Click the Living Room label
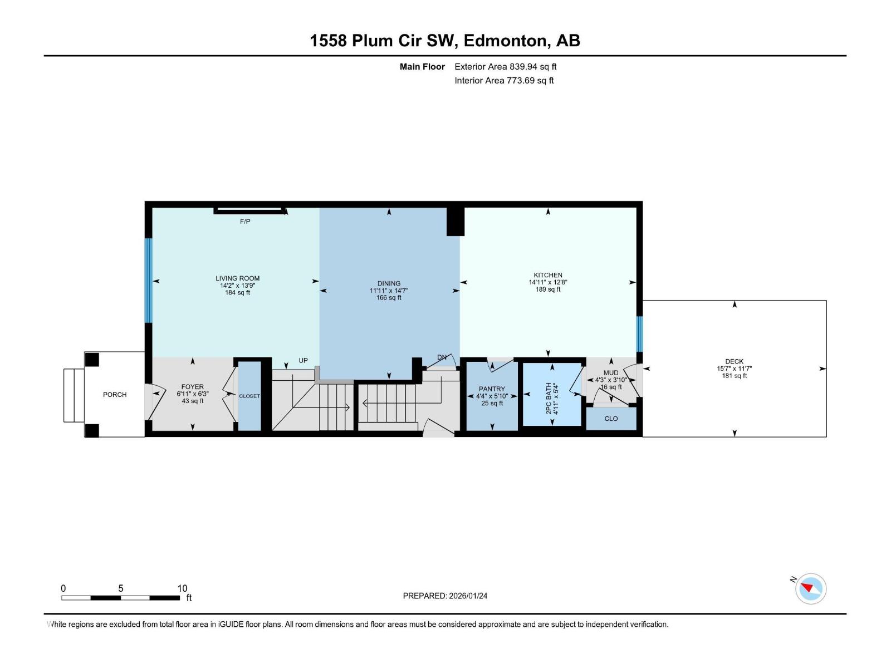pos(237,278)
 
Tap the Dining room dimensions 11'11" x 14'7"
pos(389,291)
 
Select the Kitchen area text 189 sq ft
pos(548,289)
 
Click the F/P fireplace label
pos(245,222)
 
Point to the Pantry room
pos(492,395)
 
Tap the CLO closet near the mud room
pos(611,419)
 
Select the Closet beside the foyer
pos(249,396)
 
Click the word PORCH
pos(115,395)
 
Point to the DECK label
pos(735,361)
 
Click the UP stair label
pos(303,361)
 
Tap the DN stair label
pos(442,357)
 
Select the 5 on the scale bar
pos(120,588)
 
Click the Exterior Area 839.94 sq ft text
pos(505,67)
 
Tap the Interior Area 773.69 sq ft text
pos(504,81)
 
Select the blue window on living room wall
pos(148,281)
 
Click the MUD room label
pos(611,373)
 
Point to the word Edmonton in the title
pos(503,41)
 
